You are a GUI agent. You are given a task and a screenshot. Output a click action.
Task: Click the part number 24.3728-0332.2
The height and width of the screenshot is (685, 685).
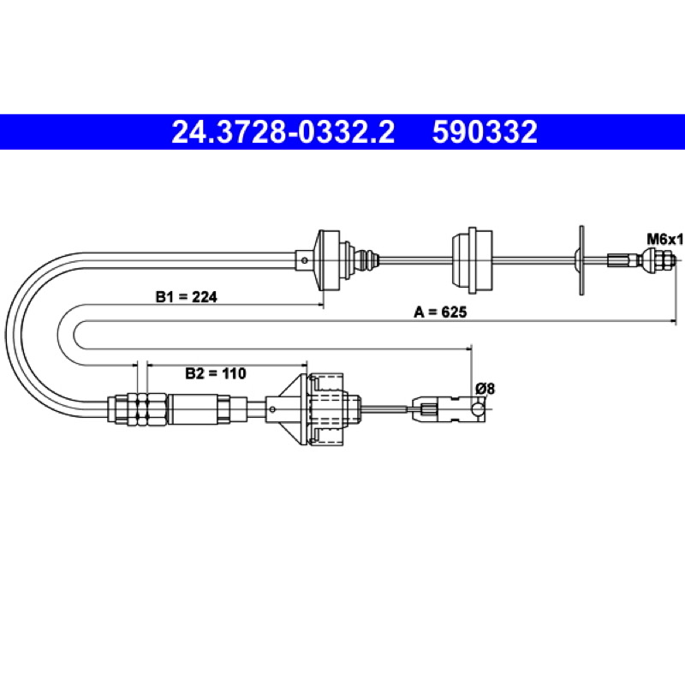click(283, 132)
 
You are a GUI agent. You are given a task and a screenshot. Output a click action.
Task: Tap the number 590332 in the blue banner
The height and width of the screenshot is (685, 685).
click(485, 132)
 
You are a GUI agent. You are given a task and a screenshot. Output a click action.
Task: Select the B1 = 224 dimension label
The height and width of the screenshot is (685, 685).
click(186, 297)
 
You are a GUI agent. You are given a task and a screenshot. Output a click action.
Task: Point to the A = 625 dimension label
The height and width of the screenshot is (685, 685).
click(440, 312)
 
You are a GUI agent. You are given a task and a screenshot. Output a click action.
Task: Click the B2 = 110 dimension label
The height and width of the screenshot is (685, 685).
click(216, 373)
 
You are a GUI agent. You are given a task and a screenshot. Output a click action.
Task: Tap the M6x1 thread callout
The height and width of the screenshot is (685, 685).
click(664, 240)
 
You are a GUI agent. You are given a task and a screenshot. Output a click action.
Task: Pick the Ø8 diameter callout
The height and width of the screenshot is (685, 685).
click(485, 389)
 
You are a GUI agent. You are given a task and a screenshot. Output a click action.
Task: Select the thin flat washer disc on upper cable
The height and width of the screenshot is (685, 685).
click(581, 260)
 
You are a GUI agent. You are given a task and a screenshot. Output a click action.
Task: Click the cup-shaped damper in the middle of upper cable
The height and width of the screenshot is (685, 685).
click(472, 260)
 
